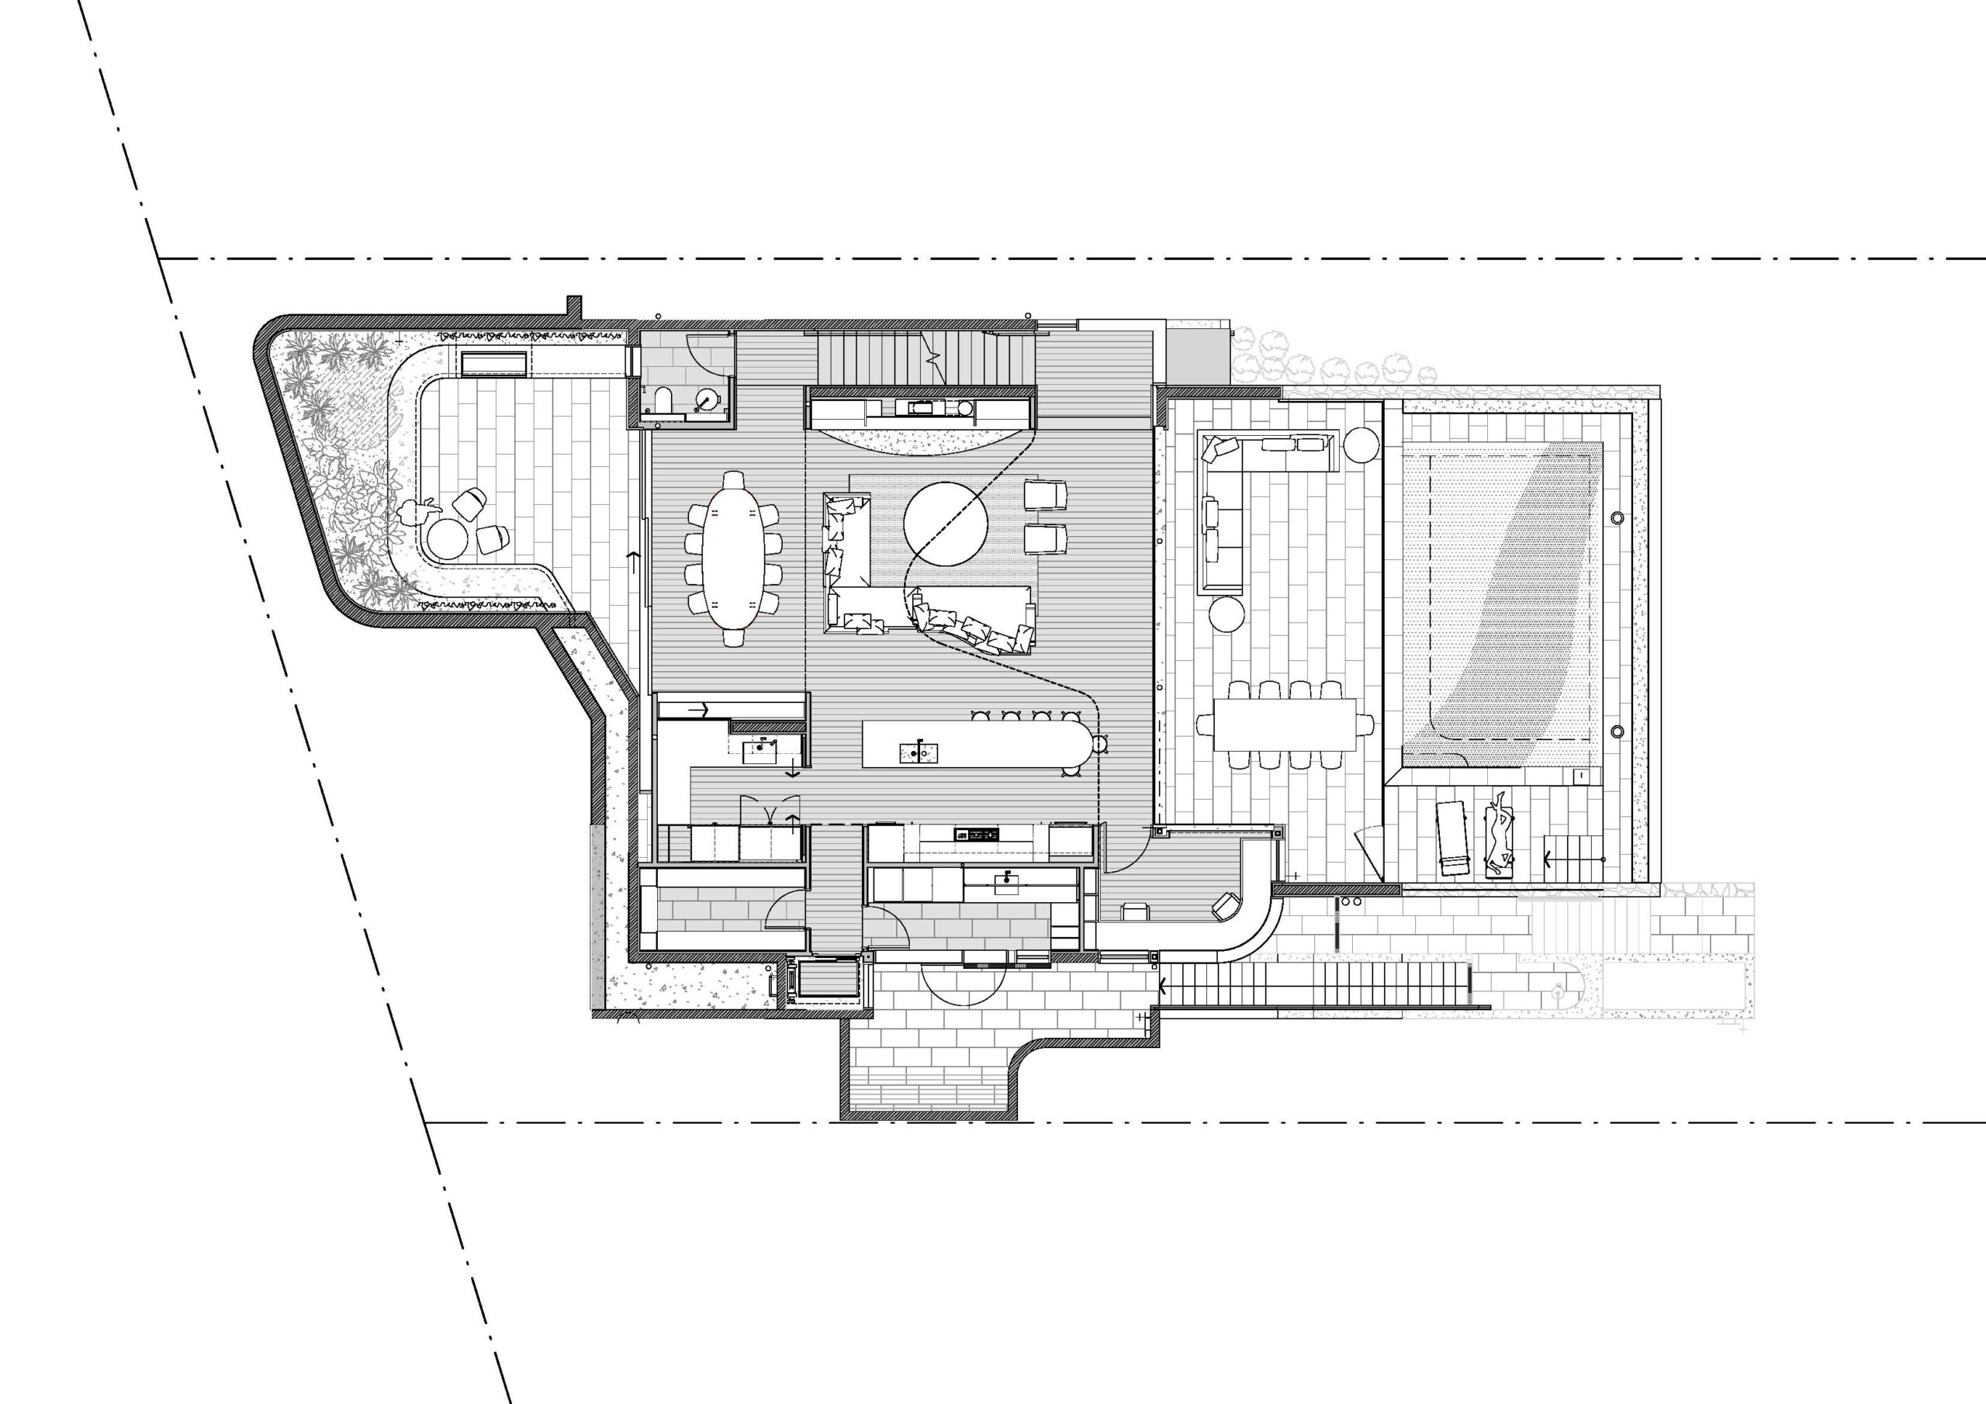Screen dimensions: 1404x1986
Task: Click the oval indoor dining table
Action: [x=735, y=558]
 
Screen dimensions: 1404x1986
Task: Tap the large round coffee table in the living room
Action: [x=946, y=524]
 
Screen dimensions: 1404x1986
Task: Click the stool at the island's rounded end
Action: [x=1101, y=743]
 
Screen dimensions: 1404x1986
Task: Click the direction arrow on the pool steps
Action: [x=1548, y=859]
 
